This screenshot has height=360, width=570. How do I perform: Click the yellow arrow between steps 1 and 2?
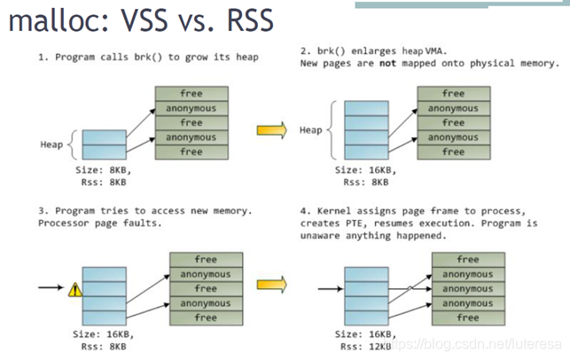click(x=272, y=130)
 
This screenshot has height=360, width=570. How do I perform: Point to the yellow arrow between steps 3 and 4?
click(x=272, y=285)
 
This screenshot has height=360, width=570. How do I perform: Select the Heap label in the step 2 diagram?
click(x=311, y=129)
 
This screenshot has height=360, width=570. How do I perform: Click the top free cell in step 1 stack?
click(x=191, y=93)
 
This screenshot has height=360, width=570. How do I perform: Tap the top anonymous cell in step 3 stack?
click(x=205, y=274)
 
